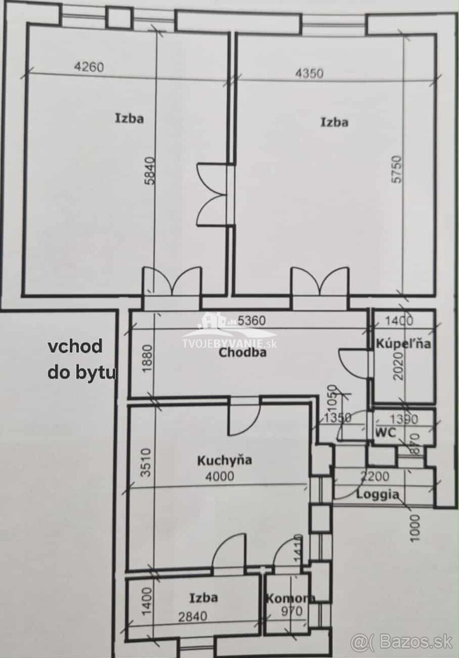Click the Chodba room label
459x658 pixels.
tap(243, 353)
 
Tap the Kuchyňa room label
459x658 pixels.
tap(224, 460)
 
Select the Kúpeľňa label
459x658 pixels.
tap(403, 344)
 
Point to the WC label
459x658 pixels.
tap(385, 432)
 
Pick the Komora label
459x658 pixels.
tap(290, 598)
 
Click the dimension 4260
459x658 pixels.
tap(88, 67)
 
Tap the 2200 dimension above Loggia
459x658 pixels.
tap(374, 477)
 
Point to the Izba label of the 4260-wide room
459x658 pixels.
tap(130, 118)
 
